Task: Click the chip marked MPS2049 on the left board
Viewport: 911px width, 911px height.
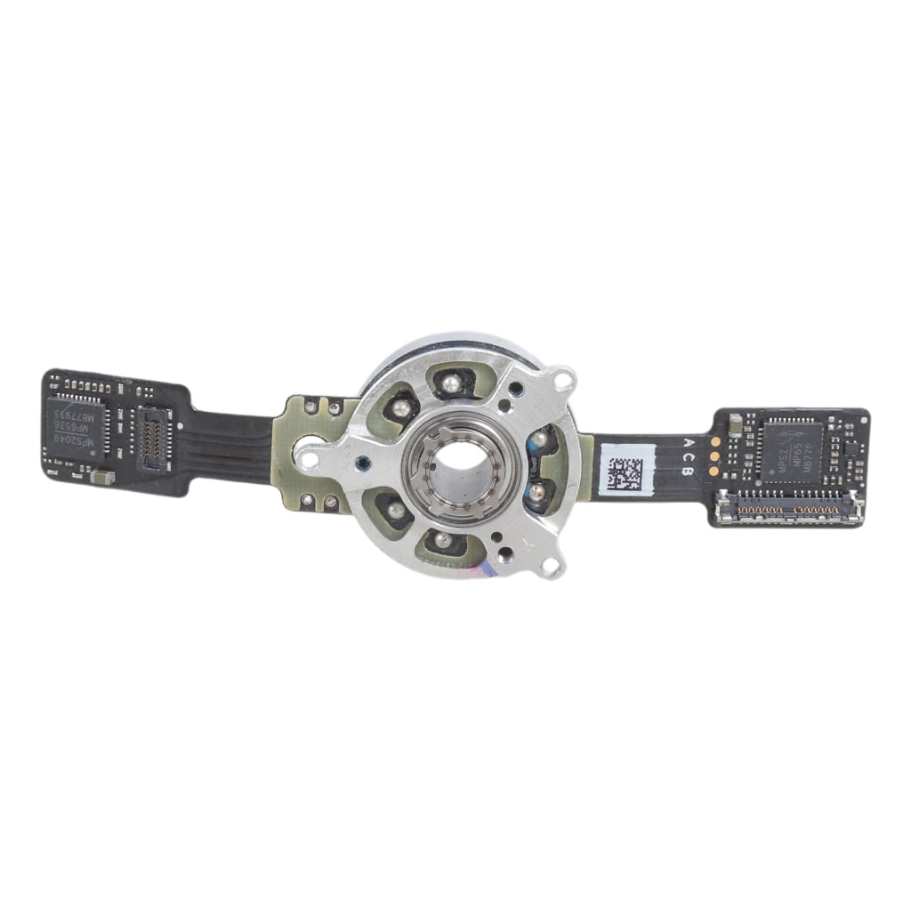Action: click(76, 425)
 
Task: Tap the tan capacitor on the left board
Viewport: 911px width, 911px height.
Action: click(102, 478)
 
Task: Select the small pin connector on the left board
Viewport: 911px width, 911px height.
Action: click(152, 434)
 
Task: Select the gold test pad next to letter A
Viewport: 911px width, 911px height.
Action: click(715, 442)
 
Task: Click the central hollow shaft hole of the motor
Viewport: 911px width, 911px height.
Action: click(457, 460)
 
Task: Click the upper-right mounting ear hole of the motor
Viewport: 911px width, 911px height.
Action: click(560, 381)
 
